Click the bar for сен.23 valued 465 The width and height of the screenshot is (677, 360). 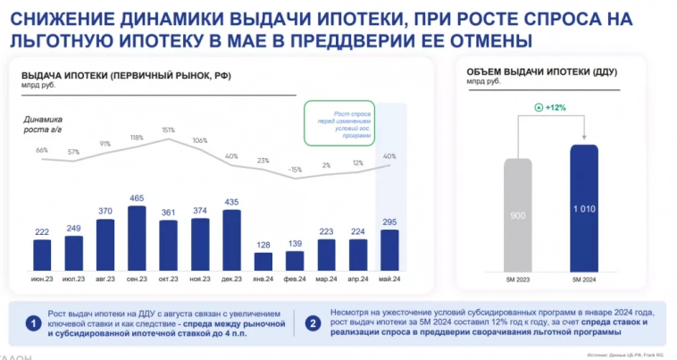point(137,239)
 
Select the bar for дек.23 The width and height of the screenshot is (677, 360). point(232,239)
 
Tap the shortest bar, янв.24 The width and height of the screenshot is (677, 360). point(263,261)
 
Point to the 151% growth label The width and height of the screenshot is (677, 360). point(168,130)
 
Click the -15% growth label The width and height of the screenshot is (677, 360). point(296,170)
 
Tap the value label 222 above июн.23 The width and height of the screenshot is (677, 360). point(41,232)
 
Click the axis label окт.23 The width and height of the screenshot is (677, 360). point(169,280)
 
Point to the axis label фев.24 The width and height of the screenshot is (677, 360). point(296,280)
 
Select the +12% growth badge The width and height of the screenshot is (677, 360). point(550,107)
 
